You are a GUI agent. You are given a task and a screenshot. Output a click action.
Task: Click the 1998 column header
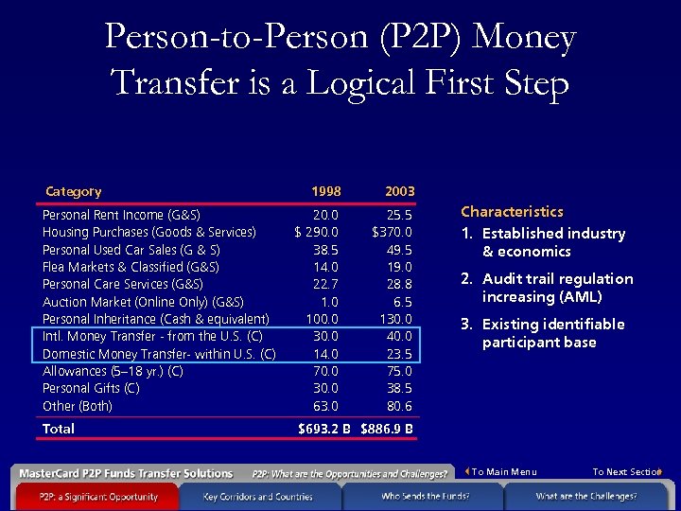326,192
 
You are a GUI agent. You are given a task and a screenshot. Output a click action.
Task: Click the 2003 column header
399,192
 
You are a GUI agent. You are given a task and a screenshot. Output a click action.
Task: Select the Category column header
74,191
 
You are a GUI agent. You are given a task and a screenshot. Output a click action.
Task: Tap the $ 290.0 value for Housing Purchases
317,232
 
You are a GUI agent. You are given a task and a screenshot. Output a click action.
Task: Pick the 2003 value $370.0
392,232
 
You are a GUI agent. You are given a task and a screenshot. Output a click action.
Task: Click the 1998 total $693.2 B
324,430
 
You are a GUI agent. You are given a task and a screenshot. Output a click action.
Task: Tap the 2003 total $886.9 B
387,430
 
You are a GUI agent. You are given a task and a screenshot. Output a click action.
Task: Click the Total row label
59,429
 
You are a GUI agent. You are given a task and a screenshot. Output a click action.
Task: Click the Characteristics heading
512,212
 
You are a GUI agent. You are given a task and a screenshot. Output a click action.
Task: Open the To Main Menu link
503,472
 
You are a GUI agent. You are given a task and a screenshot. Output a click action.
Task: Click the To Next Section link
626,472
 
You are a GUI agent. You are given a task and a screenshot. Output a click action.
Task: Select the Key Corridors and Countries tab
257,496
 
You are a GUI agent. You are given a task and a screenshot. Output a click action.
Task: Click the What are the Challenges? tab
585,496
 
